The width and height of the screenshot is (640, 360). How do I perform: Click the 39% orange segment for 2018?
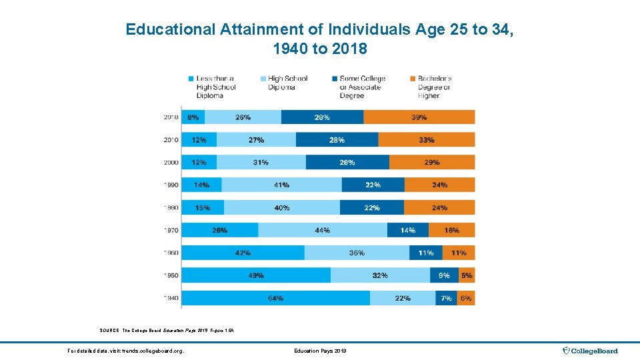coord(419,117)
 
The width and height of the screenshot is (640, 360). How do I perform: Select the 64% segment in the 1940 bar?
coord(275,298)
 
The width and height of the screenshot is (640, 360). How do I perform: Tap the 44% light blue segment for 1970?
coord(323,230)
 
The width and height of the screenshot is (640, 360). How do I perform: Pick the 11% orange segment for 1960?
coord(459,253)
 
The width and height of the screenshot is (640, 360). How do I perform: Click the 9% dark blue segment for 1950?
coord(444,275)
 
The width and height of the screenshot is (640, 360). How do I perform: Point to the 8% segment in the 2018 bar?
coord(193,117)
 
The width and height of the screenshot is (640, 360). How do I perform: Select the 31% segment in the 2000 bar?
coord(261,162)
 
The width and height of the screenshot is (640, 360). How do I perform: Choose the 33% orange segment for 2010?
coord(427,140)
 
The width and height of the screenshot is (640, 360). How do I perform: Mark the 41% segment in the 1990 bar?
coord(281,185)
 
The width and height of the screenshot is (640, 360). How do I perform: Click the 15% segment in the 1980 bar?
coord(203,207)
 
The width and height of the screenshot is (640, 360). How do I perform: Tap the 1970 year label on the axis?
coord(171,230)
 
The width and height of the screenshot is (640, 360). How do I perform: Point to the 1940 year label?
coord(171,298)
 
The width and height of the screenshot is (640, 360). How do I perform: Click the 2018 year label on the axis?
coord(171,117)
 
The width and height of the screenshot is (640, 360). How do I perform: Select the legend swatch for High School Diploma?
coord(263,79)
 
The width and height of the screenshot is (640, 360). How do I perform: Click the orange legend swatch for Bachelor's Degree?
coord(413,79)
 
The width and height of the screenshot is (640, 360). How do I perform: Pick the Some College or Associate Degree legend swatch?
coord(335,79)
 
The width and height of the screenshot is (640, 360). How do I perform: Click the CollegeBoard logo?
coord(590,351)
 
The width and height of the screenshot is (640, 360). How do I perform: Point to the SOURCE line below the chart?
coord(167,331)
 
